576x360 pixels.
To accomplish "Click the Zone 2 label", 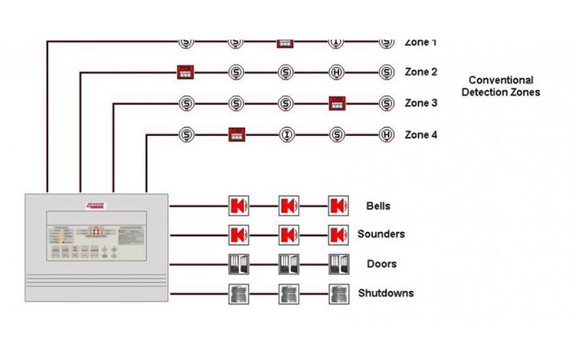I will pyautogui.click(x=421, y=72).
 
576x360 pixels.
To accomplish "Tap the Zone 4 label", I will pyautogui.click(x=421, y=135).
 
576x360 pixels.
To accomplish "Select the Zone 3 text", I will pyautogui.click(x=421, y=103).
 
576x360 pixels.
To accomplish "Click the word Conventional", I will pyautogui.click(x=501, y=81).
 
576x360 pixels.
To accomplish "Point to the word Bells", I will pyautogui.click(x=378, y=206).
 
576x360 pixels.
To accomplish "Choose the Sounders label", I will pyautogui.click(x=381, y=234).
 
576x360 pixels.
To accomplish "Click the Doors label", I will pyautogui.click(x=380, y=264).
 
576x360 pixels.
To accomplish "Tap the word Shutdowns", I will pyautogui.click(x=386, y=294).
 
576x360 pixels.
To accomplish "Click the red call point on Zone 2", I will pyautogui.click(x=186, y=72).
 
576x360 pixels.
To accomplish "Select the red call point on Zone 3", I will pyautogui.click(x=337, y=103).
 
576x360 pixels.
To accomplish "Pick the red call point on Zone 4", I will pyautogui.click(x=237, y=135).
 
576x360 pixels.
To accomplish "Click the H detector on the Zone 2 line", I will pyautogui.click(x=337, y=72).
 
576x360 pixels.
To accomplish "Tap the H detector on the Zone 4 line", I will pyautogui.click(x=387, y=135).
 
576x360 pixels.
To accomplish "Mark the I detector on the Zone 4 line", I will pyautogui.click(x=287, y=135).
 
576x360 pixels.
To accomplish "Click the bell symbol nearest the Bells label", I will pyautogui.click(x=337, y=206).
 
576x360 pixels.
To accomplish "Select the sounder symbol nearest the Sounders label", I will pyautogui.click(x=337, y=235).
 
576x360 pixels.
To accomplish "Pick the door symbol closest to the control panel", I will pyautogui.click(x=237, y=264).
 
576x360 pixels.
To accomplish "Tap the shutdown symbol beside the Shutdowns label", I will pyautogui.click(x=337, y=294).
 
